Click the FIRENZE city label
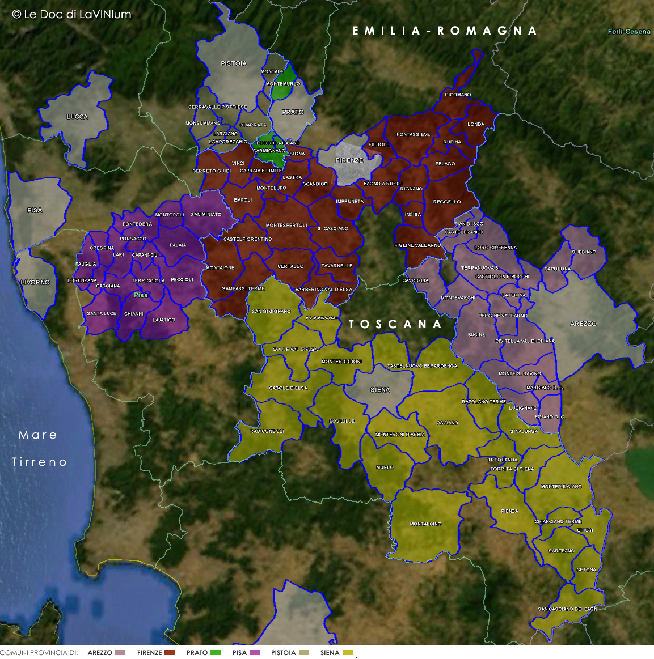tap(349, 160)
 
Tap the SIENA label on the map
tap(379, 390)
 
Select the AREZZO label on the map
tap(583, 324)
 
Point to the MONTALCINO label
tap(425, 524)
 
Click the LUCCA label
tap(77, 117)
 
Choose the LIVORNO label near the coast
tap(35, 282)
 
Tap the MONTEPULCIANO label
tap(561, 487)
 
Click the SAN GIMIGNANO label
tap(271, 312)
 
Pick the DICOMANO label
tap(458, 95)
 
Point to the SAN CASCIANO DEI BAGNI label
tap(568, 609)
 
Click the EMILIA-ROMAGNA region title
tap(444, 31)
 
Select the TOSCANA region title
tap(395, 324)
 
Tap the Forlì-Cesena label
tap(629, 32)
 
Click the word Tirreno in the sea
tap(40, 462)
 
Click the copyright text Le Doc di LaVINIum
tap(71, 15)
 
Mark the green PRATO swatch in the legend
tap(216, 653)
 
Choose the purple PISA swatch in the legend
tap(255, 653)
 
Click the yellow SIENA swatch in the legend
tap(348, 653)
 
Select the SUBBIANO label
tap(584, 252)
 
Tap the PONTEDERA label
tap(137, 224)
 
